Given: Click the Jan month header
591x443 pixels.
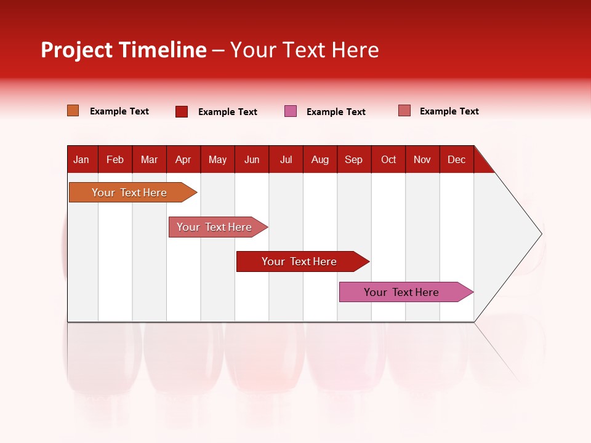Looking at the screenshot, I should pyautogui.click(x=81, y=159).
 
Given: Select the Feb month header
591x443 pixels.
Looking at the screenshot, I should pyautogui.click(x=115, y=159).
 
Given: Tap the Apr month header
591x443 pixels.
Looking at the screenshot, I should pyautogui.click(x=183, y=159).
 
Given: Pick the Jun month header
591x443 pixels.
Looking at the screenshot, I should pyautogui.click(x=252, y=159).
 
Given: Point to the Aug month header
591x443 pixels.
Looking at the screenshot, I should pyautogui.click(x=320, y=159).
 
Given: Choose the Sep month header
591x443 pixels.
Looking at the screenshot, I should pyautogui.click(x=353, y=159).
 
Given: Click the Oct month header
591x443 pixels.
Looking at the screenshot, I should pyautogui.click(x=388, y=159).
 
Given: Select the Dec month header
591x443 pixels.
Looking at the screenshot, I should pyautogui.click(x=456, y=159).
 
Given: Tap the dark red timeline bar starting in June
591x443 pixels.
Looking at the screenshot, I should pyautogui.click(x=300, y=261).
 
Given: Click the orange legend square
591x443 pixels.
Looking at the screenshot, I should pyautogui.click(x=73, y=111).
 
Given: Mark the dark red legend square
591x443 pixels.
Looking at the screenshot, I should pyautogui.click(x=182, y=111).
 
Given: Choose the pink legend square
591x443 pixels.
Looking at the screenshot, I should pyautogui.click(x=291, y=111).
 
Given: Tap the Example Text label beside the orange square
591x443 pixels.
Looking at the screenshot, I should pyautogui.click(x=119, y=111).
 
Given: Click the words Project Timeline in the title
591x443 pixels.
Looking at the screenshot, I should pyautogui.click(x=124, y=50).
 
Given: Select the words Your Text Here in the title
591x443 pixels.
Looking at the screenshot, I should pyautogui.click(x=305, y=50).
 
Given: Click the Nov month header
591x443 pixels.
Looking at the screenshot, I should pyautogui.click(x=422, y=159).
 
